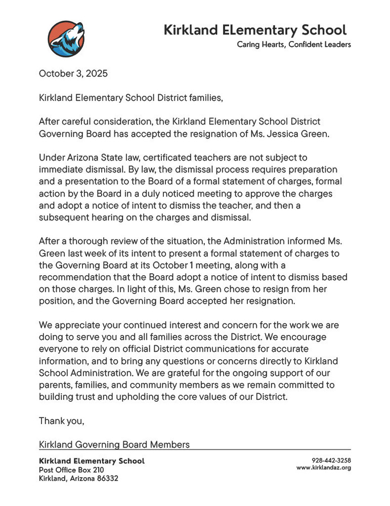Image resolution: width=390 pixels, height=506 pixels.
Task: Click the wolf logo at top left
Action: point(66,39)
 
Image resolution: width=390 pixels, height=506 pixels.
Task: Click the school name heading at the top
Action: point(255,30)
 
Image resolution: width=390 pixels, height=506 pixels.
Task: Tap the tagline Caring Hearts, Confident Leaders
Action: point(294,45)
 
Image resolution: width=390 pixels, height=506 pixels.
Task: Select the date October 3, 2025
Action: point(73,73)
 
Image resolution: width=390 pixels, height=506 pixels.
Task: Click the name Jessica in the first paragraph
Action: point(275,134)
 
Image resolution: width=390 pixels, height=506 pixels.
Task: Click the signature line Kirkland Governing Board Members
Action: point(114,445)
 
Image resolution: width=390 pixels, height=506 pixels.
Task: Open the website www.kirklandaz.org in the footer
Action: point(324,468)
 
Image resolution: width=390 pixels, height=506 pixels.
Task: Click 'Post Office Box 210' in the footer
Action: point(71,470)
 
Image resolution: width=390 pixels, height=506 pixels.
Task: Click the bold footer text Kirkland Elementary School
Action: point(92,461)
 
